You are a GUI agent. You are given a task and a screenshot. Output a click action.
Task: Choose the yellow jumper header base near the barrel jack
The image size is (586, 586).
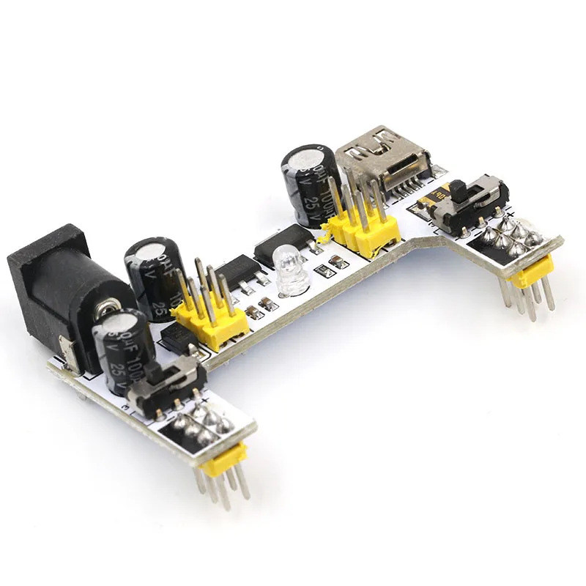pyautogui.click(x=209, y=322)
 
